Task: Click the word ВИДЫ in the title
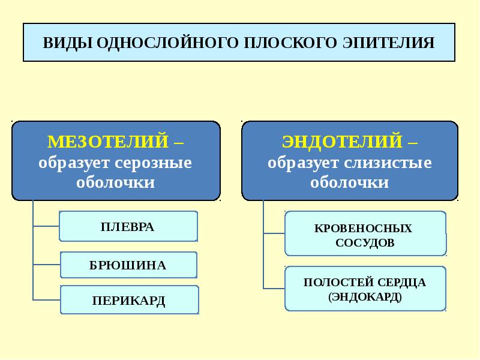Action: click(x=68, y=43)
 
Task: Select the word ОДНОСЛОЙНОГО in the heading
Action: click(x=167, y=43)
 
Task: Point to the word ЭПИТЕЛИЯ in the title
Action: click(x=388, y=43)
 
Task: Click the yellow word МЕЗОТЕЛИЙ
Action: click(x=108, y=142)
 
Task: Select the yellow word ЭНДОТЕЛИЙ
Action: click(x=342, y=142)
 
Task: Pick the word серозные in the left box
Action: click(x=153, y=163)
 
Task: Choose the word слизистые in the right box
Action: click(x=388, y=163)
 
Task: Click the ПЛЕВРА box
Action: click(x=128, y=226)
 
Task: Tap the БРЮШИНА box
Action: click(x=128, y=265)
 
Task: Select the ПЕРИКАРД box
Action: click(x=130, y=299)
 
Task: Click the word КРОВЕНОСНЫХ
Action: click(x=363, y=229)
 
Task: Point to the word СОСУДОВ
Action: click(x=365, y=243)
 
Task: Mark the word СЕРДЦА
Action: click(x=401, y=282)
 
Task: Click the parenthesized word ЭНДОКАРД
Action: click(x=365, y=296)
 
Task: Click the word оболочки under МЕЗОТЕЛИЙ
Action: click(x=116, y=182)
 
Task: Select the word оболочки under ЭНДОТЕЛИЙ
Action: click(x=350, y=182)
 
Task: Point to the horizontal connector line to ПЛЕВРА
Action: click(x=46, y=226)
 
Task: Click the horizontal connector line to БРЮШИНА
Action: click(x=47, y=265)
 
